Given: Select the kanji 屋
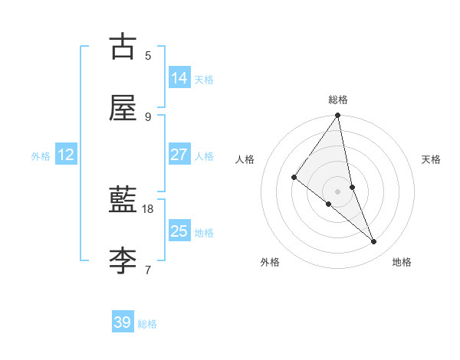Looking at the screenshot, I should click(123, 107).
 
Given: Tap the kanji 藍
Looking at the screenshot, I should click(123, 199).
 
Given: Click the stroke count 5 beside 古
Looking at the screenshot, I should click(148, 55).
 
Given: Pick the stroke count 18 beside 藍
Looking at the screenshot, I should click(148, 208).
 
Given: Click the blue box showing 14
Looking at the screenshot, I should click(179, 78).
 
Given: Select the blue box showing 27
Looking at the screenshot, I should click(179, 155).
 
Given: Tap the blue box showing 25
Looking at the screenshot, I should click(179, 231).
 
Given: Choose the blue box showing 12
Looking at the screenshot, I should click(66, 155).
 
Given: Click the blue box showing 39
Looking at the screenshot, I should click(123, 322).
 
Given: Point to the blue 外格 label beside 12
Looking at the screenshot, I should click(41, 156).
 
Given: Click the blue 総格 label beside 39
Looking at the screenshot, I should click(147, 324).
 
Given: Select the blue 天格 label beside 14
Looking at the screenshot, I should click(204, 80).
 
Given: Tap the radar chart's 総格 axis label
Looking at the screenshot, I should click(338, 100).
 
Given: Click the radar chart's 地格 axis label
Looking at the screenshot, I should click(402, 262).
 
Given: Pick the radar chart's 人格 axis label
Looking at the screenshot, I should click(245, 159).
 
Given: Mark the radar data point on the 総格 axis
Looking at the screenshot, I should click(338, 116).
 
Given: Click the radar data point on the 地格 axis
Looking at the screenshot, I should click(374, 241).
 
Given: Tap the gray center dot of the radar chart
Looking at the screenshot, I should click(338, 191).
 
